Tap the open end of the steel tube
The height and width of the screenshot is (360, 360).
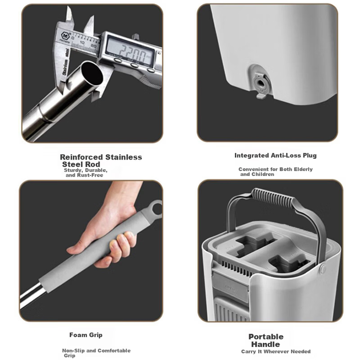coord(92,73)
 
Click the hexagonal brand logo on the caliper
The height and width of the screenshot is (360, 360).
coord(65,36)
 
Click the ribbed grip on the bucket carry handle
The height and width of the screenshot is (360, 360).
coord(273,198)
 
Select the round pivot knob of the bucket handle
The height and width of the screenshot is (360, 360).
coord(323,268)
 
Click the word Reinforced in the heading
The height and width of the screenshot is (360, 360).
coord(81,157)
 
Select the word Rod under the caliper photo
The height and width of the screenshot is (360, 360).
coord(92,165)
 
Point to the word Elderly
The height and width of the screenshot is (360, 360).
coord(303,170)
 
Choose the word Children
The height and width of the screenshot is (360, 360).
coord(263,174)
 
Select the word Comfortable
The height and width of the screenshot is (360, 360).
coord(114,351)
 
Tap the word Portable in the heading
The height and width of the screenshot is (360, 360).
coord(266,337)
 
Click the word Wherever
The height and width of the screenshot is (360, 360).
coord(277,351)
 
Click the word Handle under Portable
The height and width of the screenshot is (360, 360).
coord(265,345)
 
